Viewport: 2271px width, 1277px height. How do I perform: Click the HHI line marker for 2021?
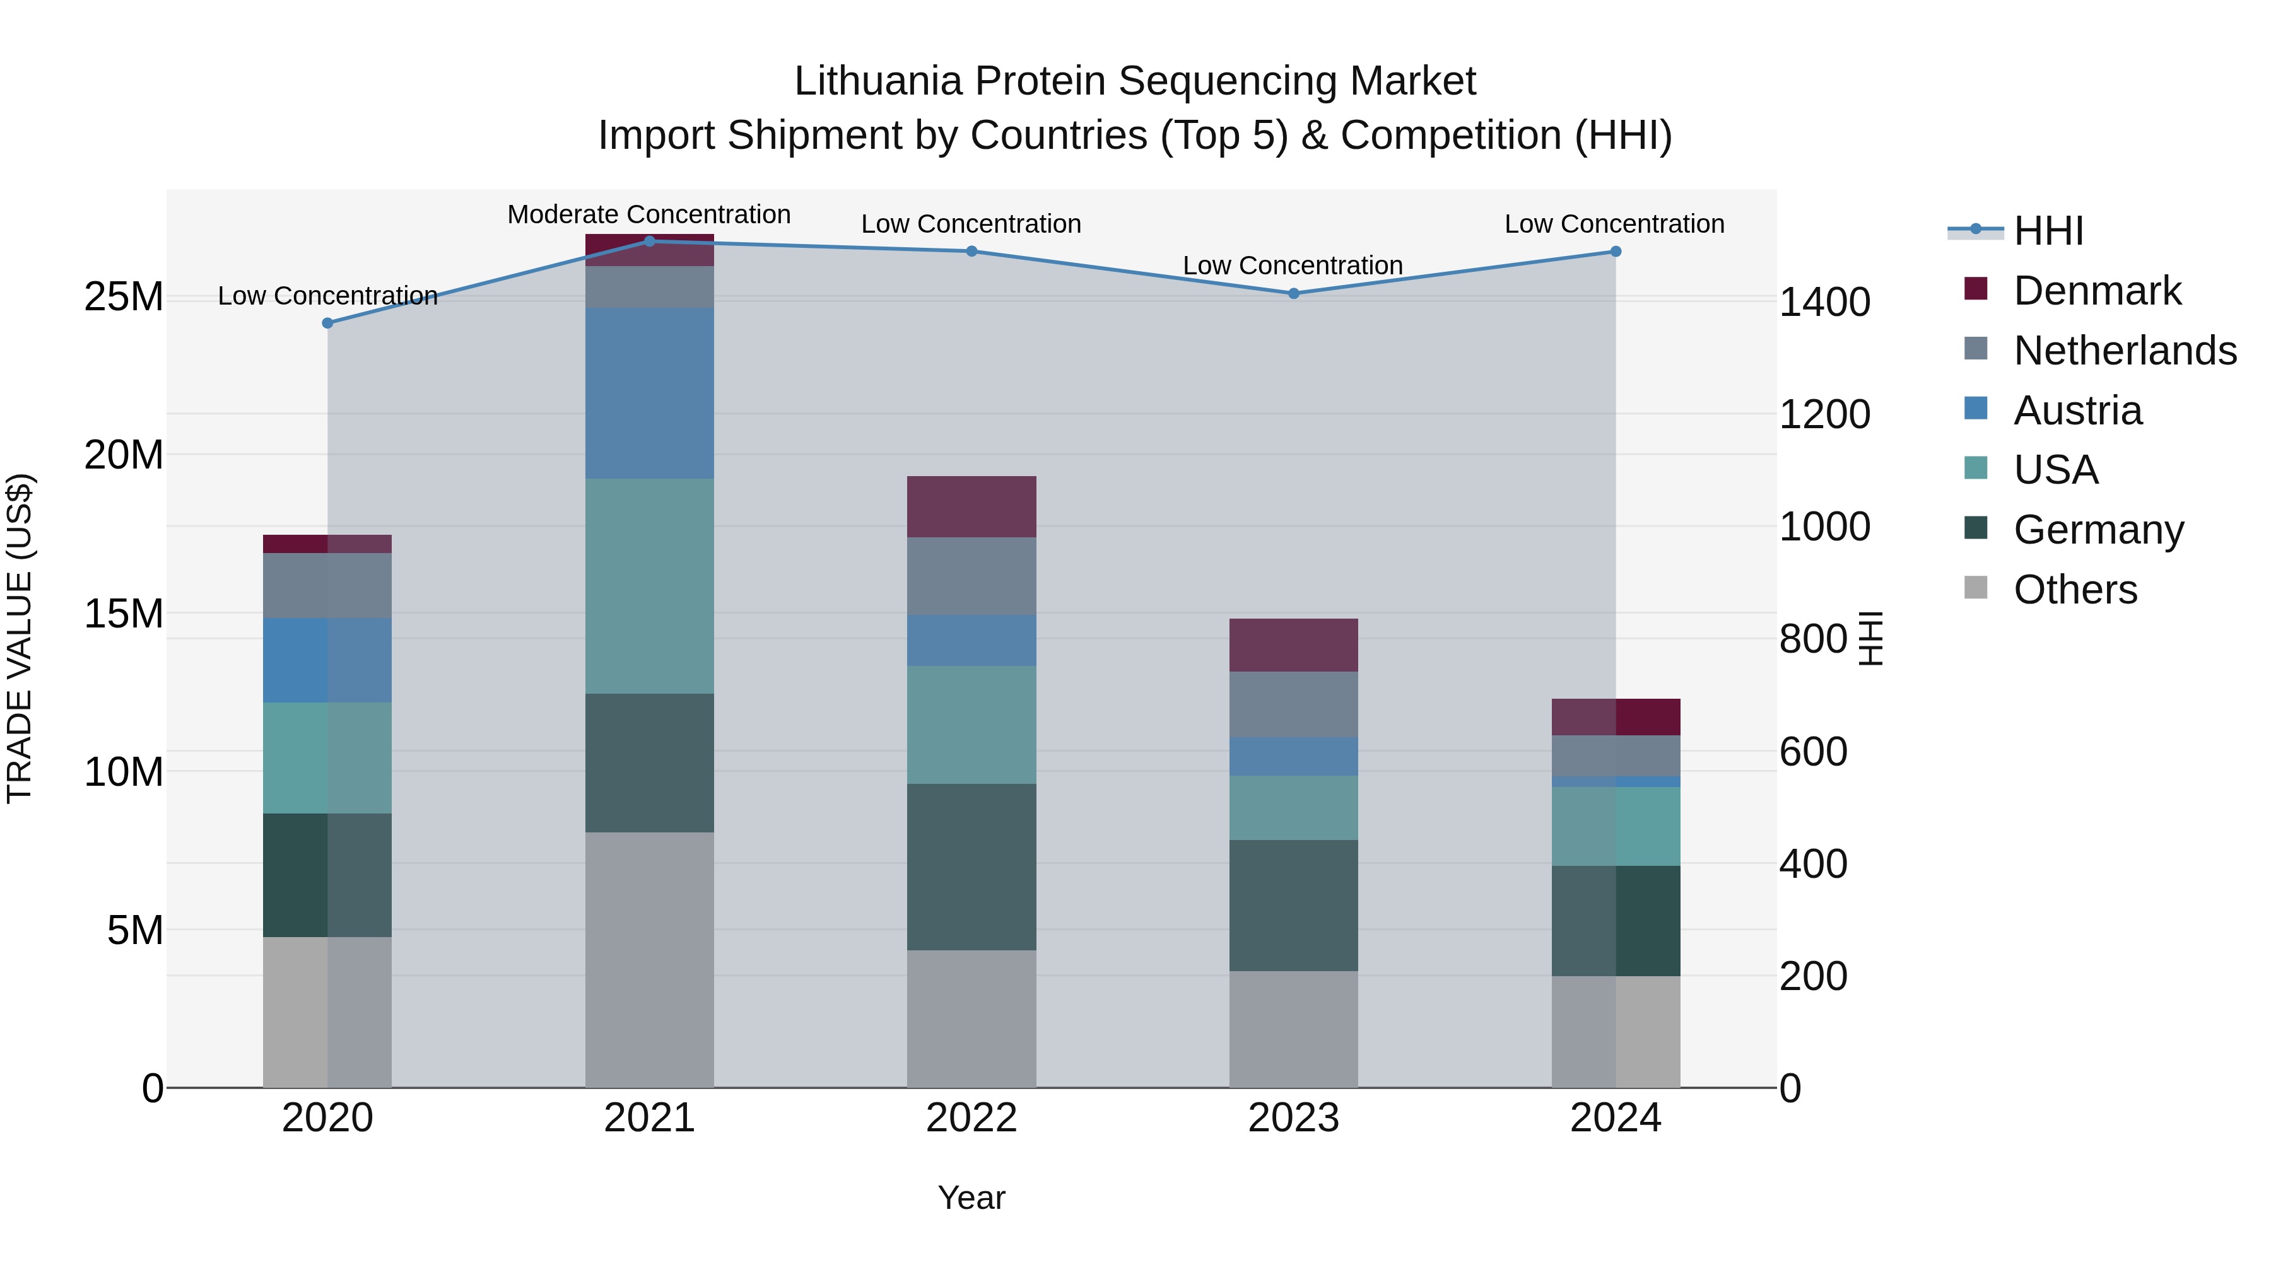[x=650, y=241]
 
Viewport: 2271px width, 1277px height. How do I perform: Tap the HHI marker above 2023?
[x=1293, y=293]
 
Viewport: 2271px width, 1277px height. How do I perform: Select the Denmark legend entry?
[x=2096, y=291]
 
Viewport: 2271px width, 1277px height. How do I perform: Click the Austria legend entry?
[x=2077, y=411]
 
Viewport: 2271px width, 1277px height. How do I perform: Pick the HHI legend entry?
[x=2048, y=231]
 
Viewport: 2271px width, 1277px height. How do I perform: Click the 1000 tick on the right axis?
[x=1824, y=527]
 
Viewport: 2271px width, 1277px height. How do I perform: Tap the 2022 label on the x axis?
[x=971, y=1118]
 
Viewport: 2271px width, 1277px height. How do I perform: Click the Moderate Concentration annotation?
[x=649, y=214]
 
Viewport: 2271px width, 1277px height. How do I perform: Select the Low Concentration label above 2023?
[x=1293, y=265]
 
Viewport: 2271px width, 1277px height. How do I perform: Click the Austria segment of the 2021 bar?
[x=650, y=393]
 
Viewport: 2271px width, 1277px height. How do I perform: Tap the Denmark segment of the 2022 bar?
[x=971, y=507]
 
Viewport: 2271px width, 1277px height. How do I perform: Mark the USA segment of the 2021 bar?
[x=650, y=586]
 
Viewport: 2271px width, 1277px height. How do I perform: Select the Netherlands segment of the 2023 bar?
[x=1293, y=704]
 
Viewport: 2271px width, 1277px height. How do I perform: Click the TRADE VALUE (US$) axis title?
[x=20, y=638]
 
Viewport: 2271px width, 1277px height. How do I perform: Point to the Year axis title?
[x=971, y=1198]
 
